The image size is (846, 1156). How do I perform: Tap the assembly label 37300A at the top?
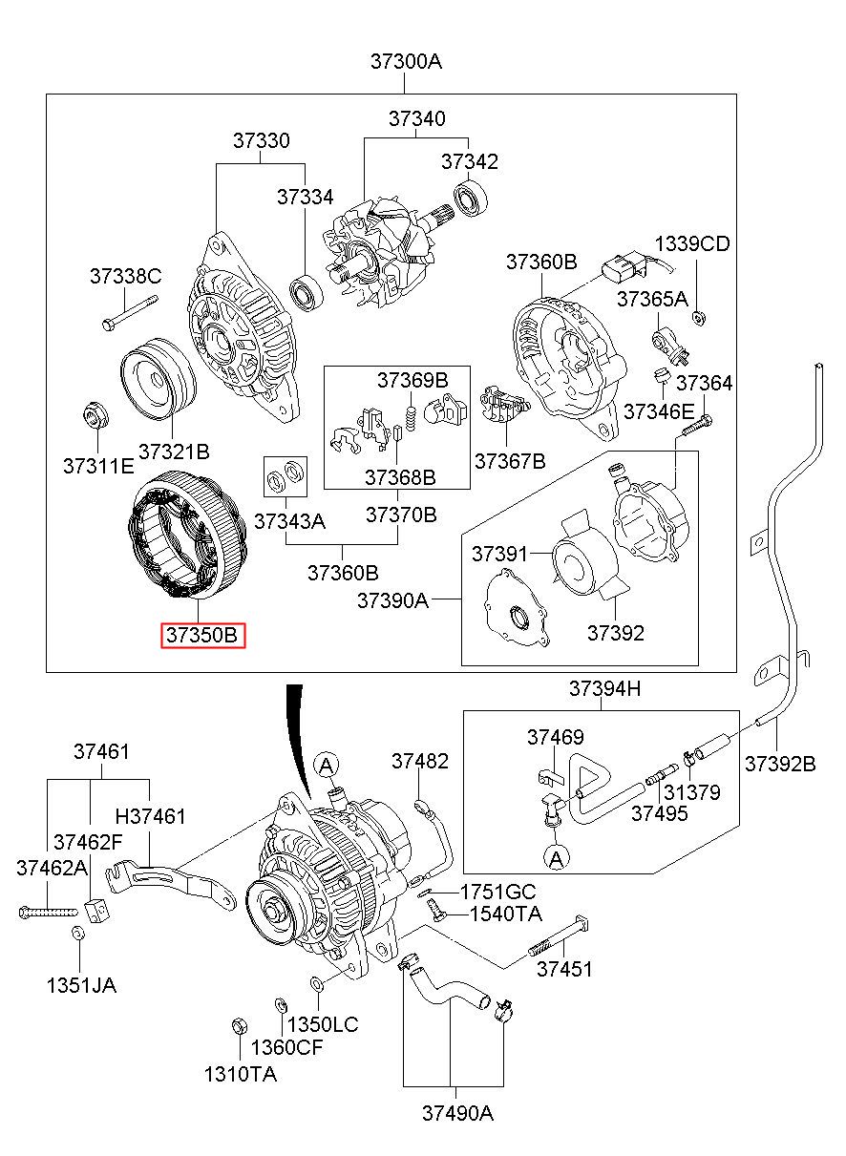(406, 63)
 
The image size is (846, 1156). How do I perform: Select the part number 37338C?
(126, 277)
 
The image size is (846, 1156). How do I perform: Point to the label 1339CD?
(692, 244)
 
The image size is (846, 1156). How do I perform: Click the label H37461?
(151, 816)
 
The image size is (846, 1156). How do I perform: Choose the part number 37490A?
(457, 1113)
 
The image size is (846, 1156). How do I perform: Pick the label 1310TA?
(240, 1074)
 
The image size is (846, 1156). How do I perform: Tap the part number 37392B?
(780, 764)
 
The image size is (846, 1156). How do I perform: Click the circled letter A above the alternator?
(327, 764)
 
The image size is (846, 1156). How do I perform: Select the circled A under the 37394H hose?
(557, 858)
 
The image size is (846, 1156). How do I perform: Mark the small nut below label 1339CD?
(697, 317)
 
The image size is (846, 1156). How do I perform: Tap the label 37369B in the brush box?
(412, 379)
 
